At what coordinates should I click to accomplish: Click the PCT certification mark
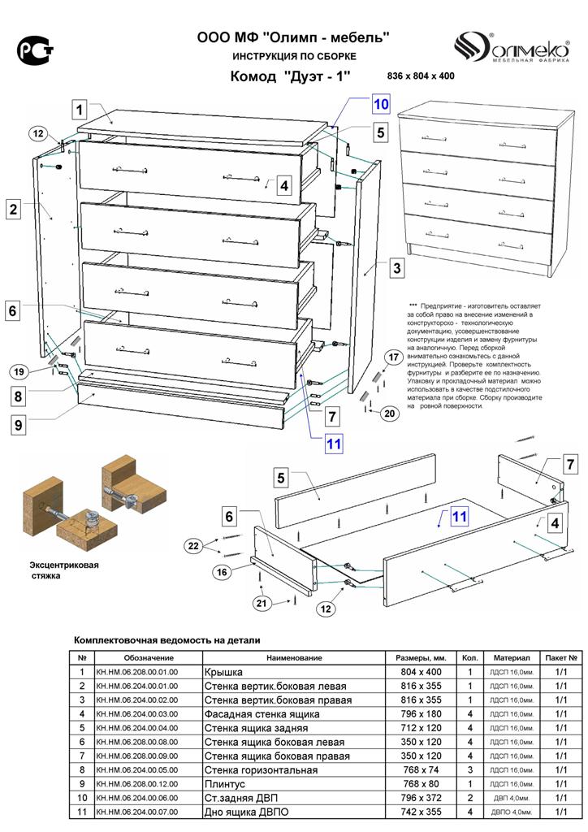[36, 51]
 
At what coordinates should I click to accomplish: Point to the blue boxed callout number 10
[381, 104]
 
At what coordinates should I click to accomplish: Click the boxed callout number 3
[396, 267]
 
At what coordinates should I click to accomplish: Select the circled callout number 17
[392, 356]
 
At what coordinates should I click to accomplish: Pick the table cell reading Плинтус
[227, 783]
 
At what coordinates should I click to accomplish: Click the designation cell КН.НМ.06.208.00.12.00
[136, 783]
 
